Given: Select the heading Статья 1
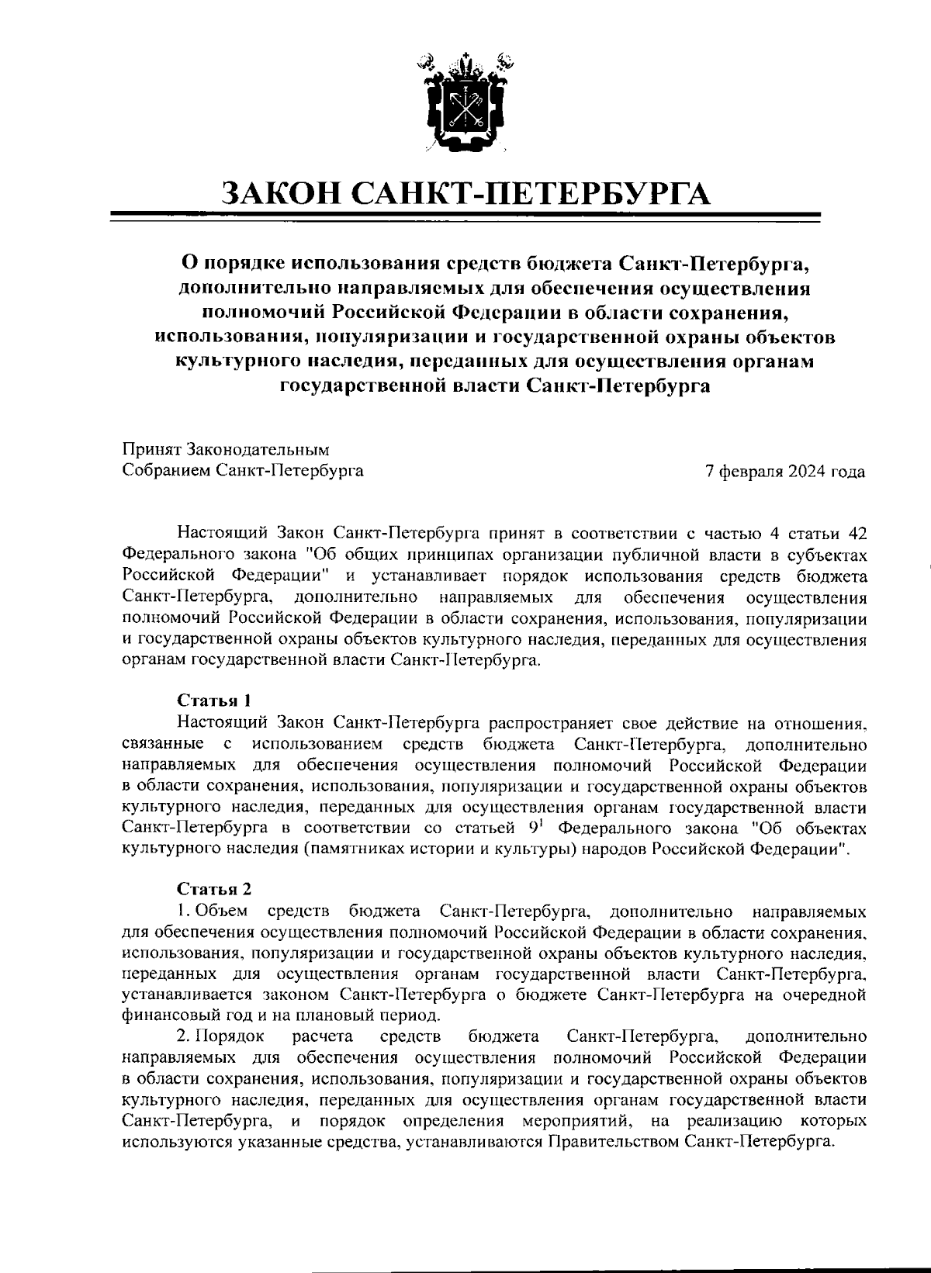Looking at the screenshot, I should coord(213,700).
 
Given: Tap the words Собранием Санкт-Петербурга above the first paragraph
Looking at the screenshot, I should coord(243,470).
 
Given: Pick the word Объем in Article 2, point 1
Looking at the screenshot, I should coord(221,909).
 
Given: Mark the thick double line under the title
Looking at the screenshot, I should coord(465,217).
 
